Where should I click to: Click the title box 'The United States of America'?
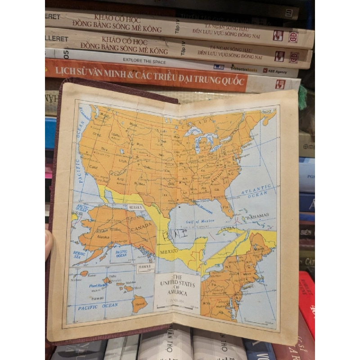pyautogui.click(x=177, y=285)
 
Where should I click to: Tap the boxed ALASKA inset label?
pyautogui.click(x=135, y=207)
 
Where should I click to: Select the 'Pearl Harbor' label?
pyautogui.click(x=97, y=285)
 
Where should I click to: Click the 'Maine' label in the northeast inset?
pyautogui.click(x=258, y=246)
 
